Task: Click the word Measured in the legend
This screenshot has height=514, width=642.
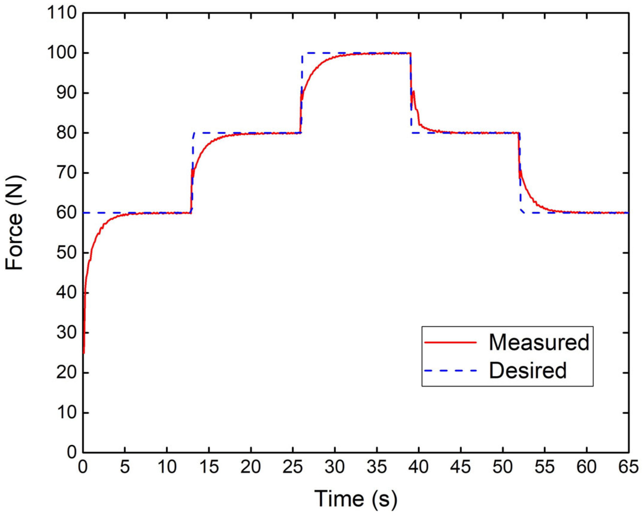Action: (539, 342)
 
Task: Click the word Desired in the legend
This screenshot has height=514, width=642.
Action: (528, 370)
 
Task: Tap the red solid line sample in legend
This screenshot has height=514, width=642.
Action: (450, 342)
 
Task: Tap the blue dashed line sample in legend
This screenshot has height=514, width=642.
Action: (450, 371)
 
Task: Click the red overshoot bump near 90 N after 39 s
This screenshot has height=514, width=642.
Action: (414, 91)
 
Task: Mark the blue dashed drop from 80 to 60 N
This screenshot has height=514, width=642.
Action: (520, 180)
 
